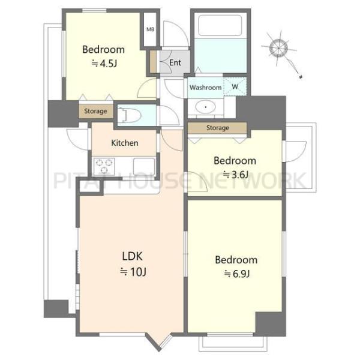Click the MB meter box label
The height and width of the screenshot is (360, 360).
point(151,29)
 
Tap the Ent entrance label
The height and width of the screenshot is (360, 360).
point(175,62)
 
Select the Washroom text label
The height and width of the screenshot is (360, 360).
point(205,88)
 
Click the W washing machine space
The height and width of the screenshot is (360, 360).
point(235,86)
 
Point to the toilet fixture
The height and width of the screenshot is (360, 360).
point(129,115)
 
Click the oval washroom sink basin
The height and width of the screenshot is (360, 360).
point(205,107)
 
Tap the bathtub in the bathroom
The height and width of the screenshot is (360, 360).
point(220,25)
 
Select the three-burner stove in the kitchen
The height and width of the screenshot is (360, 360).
point(104,166)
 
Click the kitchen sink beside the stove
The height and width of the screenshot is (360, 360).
point(144,166)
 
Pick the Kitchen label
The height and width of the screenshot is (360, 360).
point(125,143)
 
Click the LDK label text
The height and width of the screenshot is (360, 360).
point(132,256)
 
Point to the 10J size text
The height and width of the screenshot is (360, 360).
point(133,272)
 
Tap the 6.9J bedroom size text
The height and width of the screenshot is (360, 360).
point(237,274)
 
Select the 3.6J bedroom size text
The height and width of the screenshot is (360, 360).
point(236,175)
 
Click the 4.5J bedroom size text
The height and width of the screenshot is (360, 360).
point(104,64)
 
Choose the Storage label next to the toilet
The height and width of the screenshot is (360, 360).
point(95,111)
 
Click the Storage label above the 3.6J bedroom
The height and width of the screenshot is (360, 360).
point(218,128)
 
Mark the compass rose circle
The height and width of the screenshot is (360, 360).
point(278,48)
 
